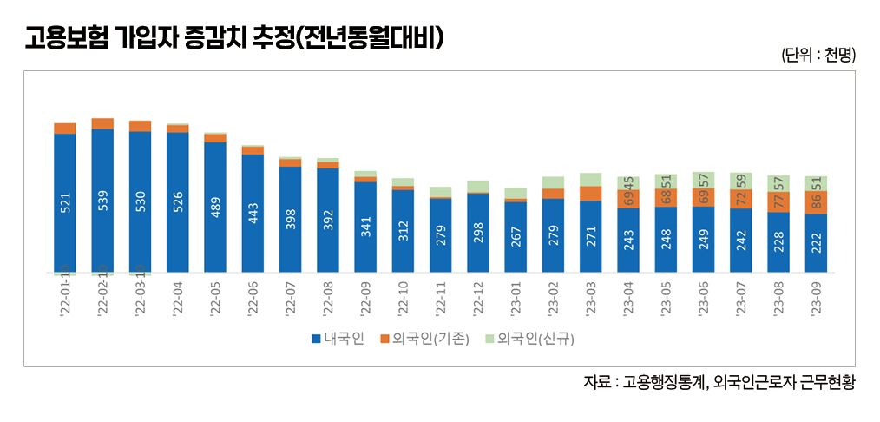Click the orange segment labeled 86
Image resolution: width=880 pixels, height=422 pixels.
[815, 202]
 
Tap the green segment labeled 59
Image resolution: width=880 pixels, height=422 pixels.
[740, 181]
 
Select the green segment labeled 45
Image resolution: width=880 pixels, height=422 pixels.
[628, 182]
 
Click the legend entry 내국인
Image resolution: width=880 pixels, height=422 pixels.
[337, 338]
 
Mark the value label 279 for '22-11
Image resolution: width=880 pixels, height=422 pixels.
[441, 234]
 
